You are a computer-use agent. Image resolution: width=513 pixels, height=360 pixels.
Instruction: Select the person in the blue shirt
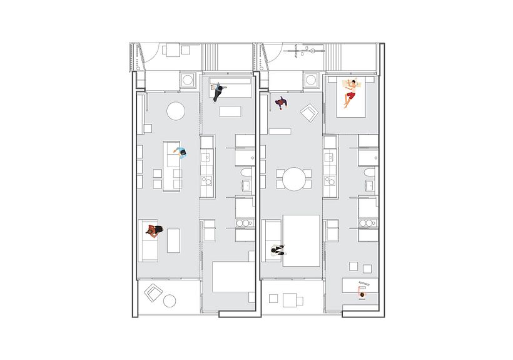(x=181, y=152)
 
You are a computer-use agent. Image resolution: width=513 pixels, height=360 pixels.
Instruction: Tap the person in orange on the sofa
(x=155, y=232)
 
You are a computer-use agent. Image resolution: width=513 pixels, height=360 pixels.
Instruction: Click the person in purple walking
(x=281, y=103)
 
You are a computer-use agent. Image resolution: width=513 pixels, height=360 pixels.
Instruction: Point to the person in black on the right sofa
(x=277, y=250)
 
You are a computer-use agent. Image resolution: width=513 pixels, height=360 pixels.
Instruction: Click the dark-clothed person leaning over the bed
(x=218, y=93)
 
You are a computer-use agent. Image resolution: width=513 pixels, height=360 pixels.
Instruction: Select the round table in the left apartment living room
(x=175, y=111)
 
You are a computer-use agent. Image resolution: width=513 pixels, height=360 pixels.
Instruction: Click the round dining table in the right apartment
(x=293, y=178)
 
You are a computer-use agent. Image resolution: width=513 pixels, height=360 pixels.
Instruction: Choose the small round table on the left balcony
(x=169, y=301)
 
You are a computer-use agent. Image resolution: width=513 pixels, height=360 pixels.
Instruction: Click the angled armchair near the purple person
(x=310, y=113)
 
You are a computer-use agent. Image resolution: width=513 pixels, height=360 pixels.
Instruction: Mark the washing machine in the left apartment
(x=188, y=80)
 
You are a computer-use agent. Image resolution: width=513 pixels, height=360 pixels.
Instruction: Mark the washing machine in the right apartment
(x=311, y=80)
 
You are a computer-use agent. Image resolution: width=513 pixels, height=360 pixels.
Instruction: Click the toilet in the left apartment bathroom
(x=246, y=172)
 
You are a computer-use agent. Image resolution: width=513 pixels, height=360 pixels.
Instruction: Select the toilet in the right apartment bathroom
(x=369, y=172)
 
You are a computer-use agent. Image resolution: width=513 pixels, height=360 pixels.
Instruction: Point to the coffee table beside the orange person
(x=173, y=240)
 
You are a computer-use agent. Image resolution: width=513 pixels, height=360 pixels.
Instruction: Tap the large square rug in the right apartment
(x=301, y=240)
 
